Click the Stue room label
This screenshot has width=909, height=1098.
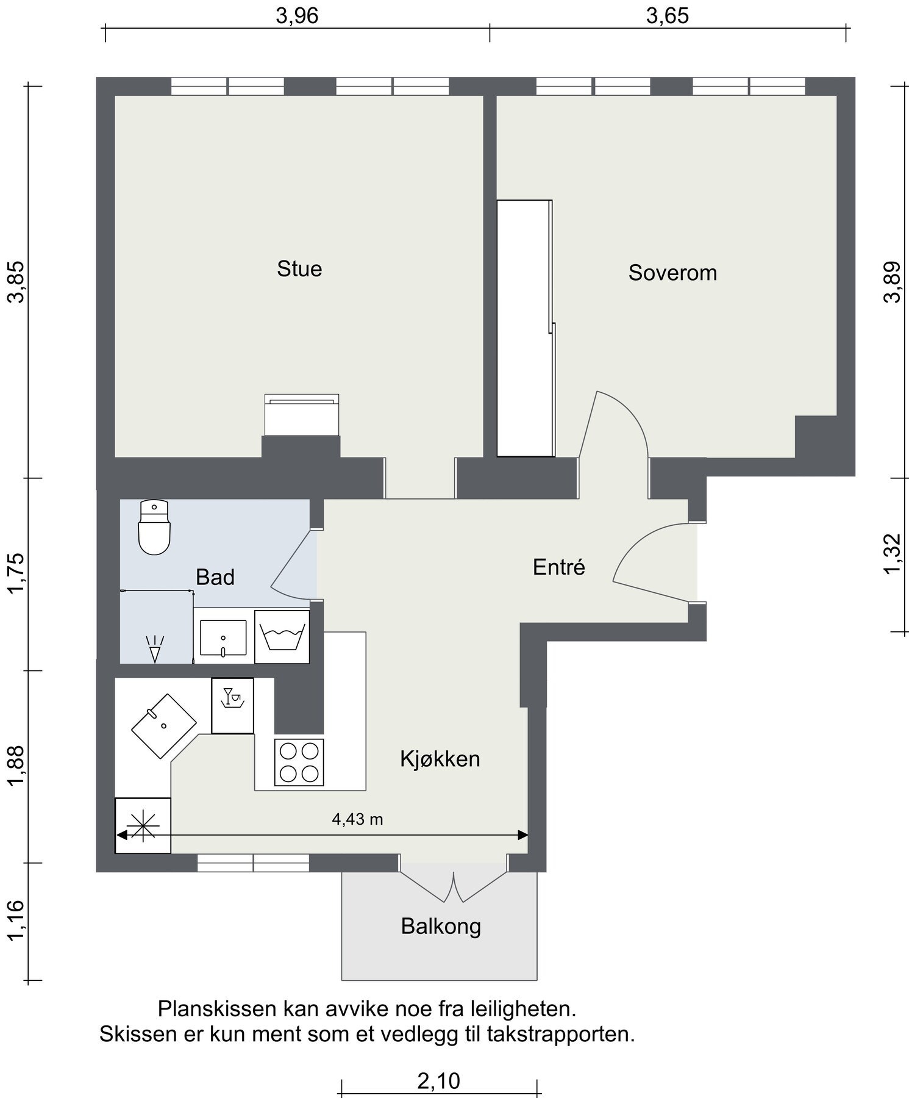299,269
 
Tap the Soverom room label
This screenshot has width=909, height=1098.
672,273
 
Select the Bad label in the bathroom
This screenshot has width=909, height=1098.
215,577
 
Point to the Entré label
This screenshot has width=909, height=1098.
559,567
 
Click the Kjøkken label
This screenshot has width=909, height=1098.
440,759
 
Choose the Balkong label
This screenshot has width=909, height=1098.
441,927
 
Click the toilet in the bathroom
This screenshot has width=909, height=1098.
154,527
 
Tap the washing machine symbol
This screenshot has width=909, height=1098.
282,637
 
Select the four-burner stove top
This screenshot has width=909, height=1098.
299,762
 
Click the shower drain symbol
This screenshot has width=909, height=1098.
155,649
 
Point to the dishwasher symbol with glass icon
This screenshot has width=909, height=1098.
232,706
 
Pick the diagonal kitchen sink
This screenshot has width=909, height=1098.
164,726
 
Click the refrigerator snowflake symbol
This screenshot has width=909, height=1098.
143,826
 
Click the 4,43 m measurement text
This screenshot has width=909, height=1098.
357,819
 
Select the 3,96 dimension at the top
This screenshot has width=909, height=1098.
297,16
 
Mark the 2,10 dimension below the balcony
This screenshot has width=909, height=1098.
438,1082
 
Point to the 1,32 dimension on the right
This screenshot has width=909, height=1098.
891,554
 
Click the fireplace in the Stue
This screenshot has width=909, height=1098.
302,415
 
